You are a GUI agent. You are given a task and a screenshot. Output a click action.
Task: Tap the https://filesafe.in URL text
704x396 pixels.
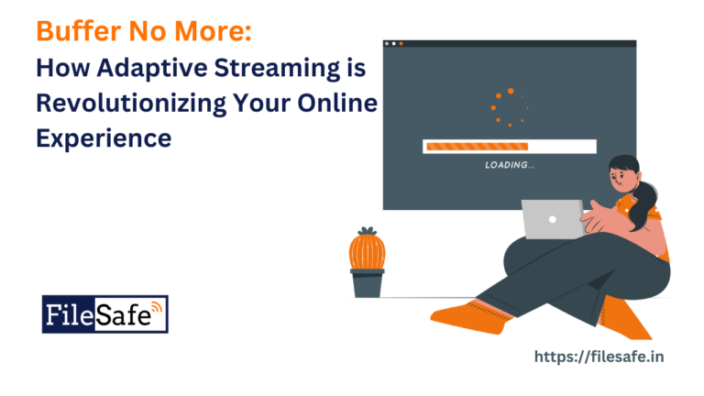(x=598, y=355)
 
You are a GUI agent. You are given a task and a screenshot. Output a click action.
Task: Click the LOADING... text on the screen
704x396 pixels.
(x=510, y=165)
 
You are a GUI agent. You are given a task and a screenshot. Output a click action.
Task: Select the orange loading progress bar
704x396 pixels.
(x=477, y=146)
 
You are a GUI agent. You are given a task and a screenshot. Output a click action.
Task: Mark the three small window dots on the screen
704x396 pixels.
(x=393, y=44)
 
